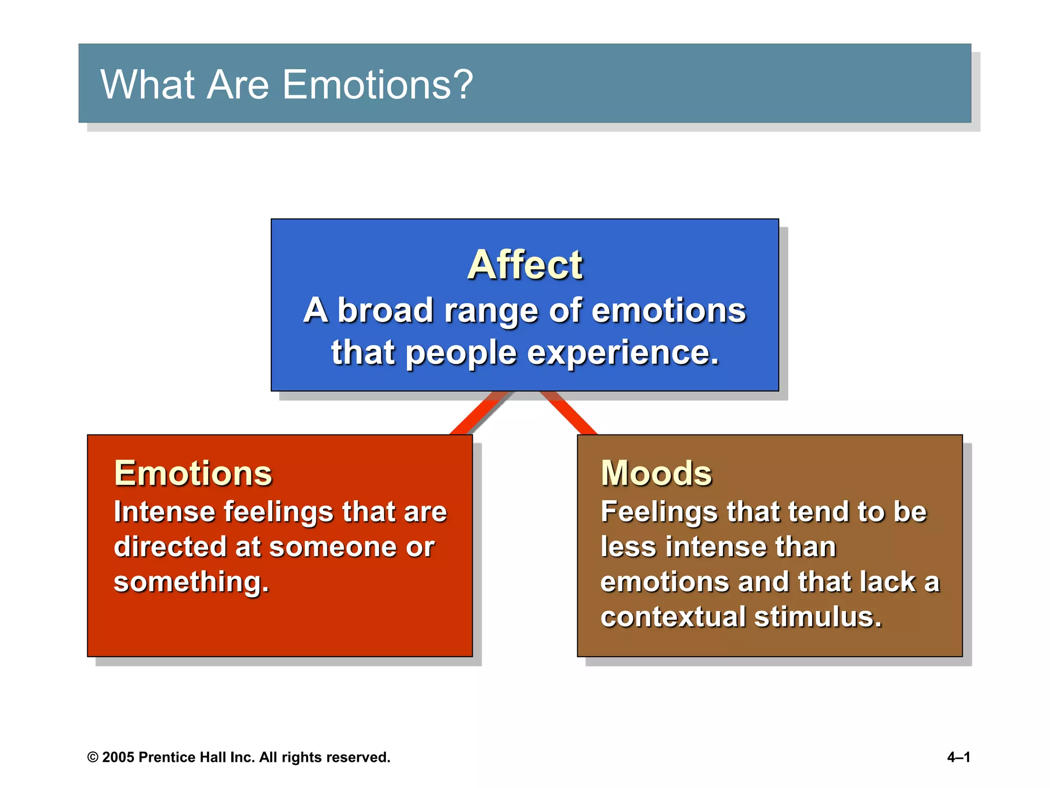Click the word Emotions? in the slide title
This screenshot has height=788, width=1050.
tap(377, 85)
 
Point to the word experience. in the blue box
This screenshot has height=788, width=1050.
tap(623, 353)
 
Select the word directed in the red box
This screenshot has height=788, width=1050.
tap(169, 547)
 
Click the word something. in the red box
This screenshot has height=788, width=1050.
tap(191, 582)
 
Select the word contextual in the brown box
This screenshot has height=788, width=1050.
tap(673, 617)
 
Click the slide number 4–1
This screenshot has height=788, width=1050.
tap(958, 757)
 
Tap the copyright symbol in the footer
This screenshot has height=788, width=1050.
tap(93, 758)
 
